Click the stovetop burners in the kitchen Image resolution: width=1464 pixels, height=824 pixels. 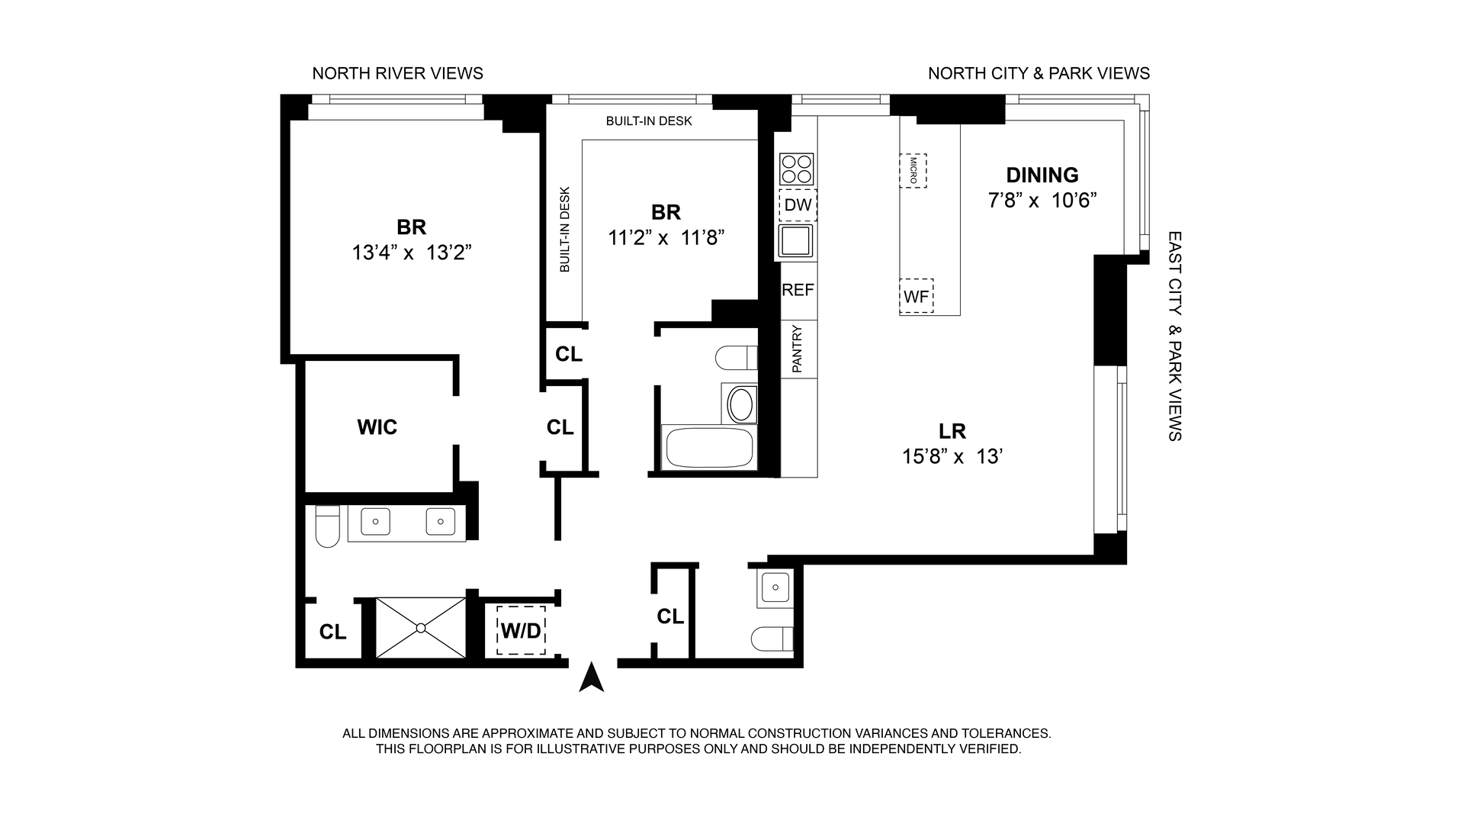(797, 169)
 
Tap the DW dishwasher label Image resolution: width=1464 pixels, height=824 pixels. (798, 205)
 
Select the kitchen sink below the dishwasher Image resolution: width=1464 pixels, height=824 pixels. (796, 241)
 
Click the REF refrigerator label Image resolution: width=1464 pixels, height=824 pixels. (798, 290)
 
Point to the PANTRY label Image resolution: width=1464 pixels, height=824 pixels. (798, 349)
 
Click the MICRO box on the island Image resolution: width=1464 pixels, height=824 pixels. (913, 171)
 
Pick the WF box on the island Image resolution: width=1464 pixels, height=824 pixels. (916, 296)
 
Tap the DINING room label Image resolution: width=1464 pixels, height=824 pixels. (1042, 175)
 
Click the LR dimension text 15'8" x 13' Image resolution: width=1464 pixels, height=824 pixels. (952, 456)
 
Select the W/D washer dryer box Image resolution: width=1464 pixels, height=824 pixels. (521, 630)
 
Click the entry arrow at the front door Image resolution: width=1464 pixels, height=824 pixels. (592, 678)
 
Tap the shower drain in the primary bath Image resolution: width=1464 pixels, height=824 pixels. (421, 628)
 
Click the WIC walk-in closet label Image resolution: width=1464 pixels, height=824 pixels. (377, 427)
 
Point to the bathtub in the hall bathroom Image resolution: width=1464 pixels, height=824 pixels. (710, 448)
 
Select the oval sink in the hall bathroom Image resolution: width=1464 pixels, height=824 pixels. (742, 404)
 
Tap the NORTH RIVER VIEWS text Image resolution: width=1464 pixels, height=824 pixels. (398, 73)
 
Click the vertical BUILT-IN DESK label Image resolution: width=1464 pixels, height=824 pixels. (565, 230)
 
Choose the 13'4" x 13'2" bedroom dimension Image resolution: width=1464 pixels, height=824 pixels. (412, 253)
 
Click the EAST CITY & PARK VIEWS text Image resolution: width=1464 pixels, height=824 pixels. (1174, 336)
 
